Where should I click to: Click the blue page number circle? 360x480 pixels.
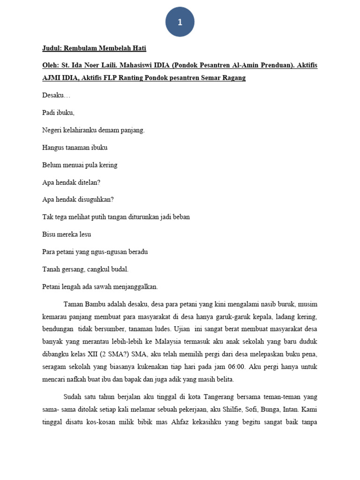[x=180, y=22]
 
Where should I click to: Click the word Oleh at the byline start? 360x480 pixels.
[x=50, y=65]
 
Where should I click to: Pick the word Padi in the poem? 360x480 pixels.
[x=49, y=113]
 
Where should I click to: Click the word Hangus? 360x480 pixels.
[x=52, y=148]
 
